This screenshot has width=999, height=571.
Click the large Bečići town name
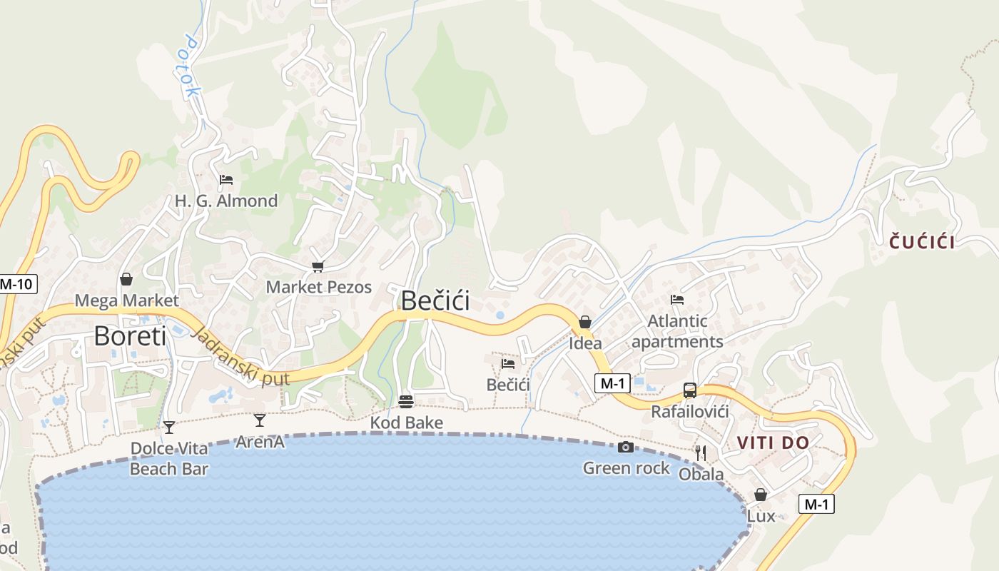click(x=435, y=300)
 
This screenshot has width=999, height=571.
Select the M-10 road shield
click(x=16, y=284)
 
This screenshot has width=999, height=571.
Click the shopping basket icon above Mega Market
click(x=126, y=279)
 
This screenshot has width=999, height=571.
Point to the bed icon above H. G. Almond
click(x=226, y=180)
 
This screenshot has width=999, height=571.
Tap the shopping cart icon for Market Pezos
click(x=318, y=266)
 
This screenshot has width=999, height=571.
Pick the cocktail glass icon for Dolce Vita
click(x=168, y=428)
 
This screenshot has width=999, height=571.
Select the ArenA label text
click(x=260, y=442)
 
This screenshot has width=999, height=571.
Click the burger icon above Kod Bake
click(x=406, y=401)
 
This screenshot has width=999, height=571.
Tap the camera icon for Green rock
click(x=626, y=447)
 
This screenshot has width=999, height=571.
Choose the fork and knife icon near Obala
click(x=701, y=453)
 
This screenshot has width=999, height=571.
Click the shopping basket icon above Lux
click(x=761, y=495)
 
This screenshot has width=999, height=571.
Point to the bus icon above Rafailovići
click(x=690, y=390)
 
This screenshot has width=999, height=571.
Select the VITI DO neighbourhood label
click(x=774, y=443)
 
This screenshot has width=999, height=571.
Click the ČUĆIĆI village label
click(x=922, y=243)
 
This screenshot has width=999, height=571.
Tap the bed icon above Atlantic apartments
click(x=677, y=300)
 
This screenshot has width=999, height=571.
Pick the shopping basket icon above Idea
click(x=585, y=322)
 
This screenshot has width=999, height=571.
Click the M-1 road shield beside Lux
click(x=816, y=504)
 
